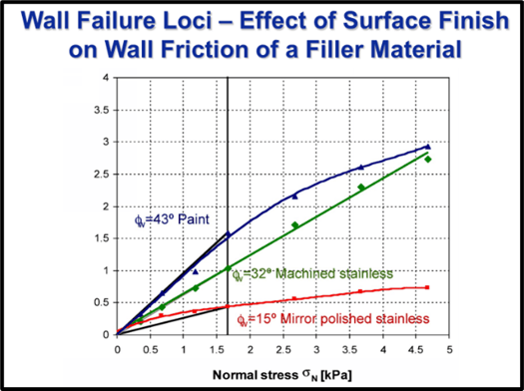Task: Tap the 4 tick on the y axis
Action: [x=106, y=78]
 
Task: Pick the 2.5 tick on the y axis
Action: [x=103, y=175]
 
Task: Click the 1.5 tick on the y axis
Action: [x=103, y=238]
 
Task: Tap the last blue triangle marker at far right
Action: [x=428, y=147]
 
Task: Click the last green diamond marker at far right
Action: [x=428, y=159]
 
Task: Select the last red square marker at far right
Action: [x=427, y=287]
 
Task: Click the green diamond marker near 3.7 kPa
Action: [x=361, y=187]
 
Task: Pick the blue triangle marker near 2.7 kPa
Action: [x=294, y=195]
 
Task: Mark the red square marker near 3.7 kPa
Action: [x=360, y=291]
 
